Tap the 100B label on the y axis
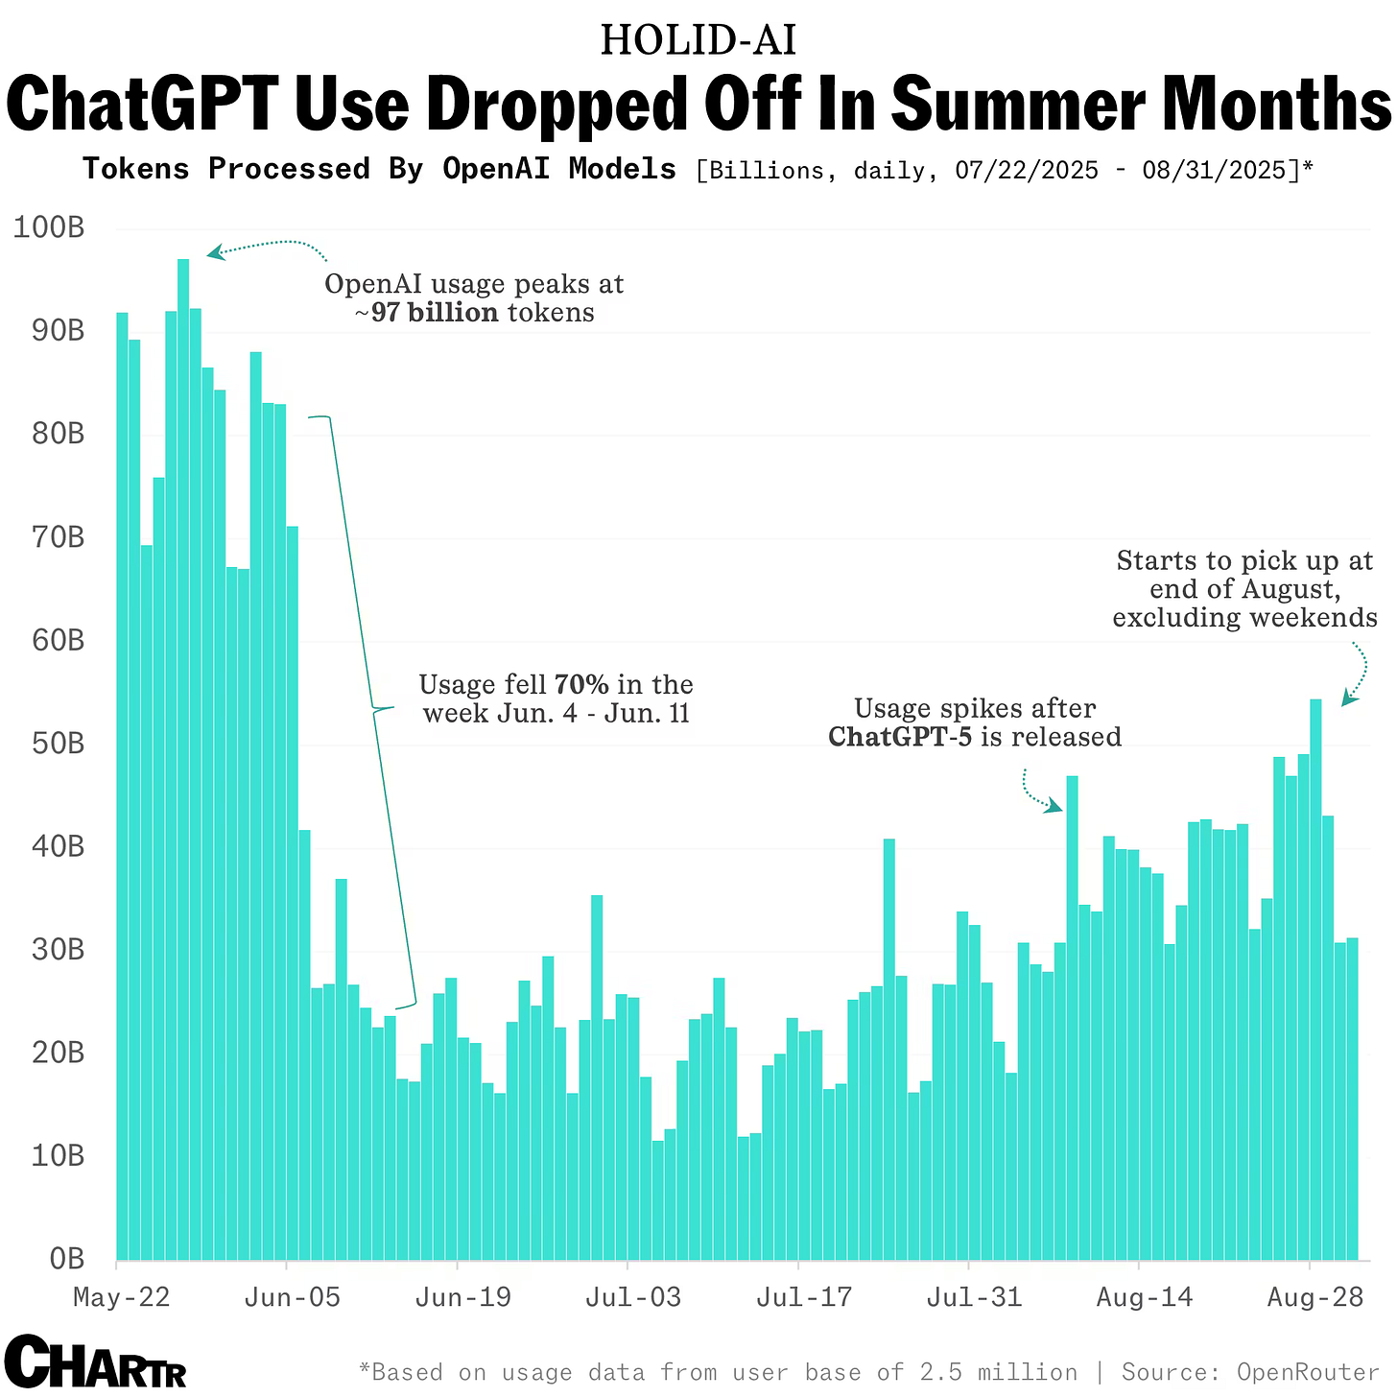(49, 228)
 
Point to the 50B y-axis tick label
(51, 744)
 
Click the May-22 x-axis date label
(122, 1297)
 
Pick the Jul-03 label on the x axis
(633, 1297)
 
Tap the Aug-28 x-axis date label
(1315, 1297)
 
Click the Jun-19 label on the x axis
(463, 1297)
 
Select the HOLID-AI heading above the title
(698, 40)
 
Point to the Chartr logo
(95, 1361)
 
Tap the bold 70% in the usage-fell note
(581, 685)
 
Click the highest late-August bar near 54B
(1315, 979)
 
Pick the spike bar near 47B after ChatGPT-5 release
(1073, 1017)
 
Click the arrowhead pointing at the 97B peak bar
(216, 252)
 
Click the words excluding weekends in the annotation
(1244, 618)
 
